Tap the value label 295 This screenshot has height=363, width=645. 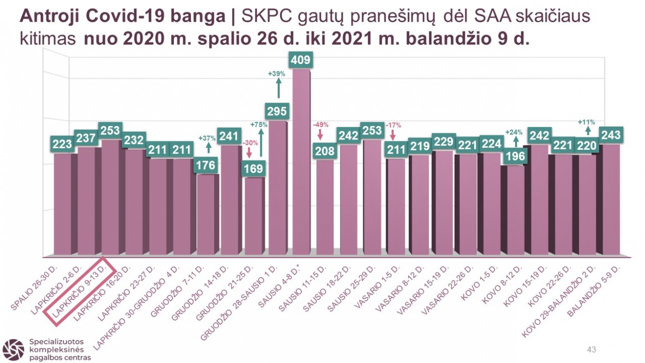[x=277, y=111]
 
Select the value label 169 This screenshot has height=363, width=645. [x=253, y=168]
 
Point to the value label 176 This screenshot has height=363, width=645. [x=205, y=166]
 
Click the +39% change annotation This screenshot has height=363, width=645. [x=277, y=74]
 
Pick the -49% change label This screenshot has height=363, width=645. [x=320, y=125]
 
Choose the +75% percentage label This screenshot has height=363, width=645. [x=260, y=125]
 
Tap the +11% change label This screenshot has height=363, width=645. [x=587, y=122]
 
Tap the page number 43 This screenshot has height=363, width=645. [x=591, y=350]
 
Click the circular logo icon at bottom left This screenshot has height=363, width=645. [x=13, y=349]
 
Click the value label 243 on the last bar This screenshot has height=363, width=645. [x=611, y=135]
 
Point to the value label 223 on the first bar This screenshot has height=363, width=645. [x=62, y=144]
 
